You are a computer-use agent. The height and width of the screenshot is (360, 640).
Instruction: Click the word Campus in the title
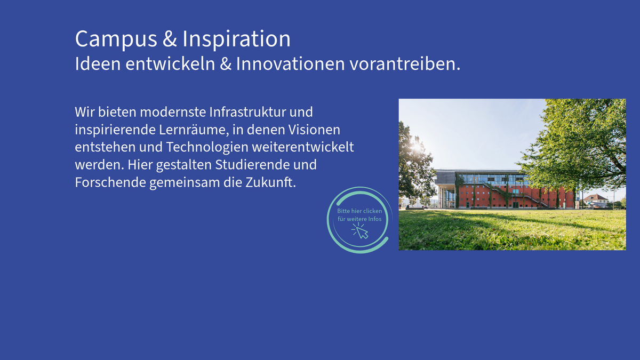116,39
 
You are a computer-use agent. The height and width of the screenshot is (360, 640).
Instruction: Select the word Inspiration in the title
237,39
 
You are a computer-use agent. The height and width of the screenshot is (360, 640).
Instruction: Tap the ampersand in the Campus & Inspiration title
170,38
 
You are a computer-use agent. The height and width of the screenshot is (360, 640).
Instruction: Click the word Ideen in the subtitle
98,63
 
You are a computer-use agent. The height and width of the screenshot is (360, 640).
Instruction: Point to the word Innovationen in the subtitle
290,63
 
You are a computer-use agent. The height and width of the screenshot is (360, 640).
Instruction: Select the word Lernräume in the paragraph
194,130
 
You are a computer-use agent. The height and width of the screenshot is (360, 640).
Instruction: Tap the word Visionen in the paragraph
314,130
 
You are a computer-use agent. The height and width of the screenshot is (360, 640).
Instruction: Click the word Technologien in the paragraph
207,147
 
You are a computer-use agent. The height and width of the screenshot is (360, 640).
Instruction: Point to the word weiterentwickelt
303,147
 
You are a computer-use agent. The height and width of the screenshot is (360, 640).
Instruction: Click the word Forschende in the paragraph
110,182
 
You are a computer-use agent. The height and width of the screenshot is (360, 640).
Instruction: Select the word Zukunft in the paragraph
269,182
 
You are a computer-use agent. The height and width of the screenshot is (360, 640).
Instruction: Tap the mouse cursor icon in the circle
361,231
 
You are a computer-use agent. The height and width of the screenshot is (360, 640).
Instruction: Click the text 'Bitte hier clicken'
359,211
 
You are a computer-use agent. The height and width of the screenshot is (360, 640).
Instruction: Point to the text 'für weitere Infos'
359,219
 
